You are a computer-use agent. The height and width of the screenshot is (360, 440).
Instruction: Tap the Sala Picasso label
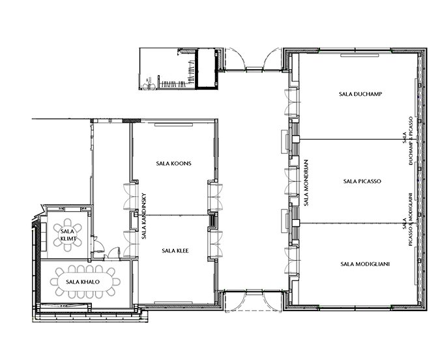362,181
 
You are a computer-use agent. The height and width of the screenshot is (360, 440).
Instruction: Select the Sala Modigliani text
365,264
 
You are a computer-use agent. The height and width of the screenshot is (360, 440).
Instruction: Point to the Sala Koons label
173,164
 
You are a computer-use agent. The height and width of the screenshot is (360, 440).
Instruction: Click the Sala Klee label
175,251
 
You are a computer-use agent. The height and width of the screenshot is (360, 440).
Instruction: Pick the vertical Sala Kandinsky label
144,216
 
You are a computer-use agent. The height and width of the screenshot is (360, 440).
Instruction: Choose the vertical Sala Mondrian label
306,183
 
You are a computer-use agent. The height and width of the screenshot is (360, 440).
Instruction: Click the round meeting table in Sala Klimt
68,235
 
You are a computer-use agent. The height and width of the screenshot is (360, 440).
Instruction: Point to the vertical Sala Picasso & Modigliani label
408,220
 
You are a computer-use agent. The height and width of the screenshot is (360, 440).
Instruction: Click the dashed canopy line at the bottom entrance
253,311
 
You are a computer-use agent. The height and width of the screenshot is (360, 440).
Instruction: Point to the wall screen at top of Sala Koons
174,125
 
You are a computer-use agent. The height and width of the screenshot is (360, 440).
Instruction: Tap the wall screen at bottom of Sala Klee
173,303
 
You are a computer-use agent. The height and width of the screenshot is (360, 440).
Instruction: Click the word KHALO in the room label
87,282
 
